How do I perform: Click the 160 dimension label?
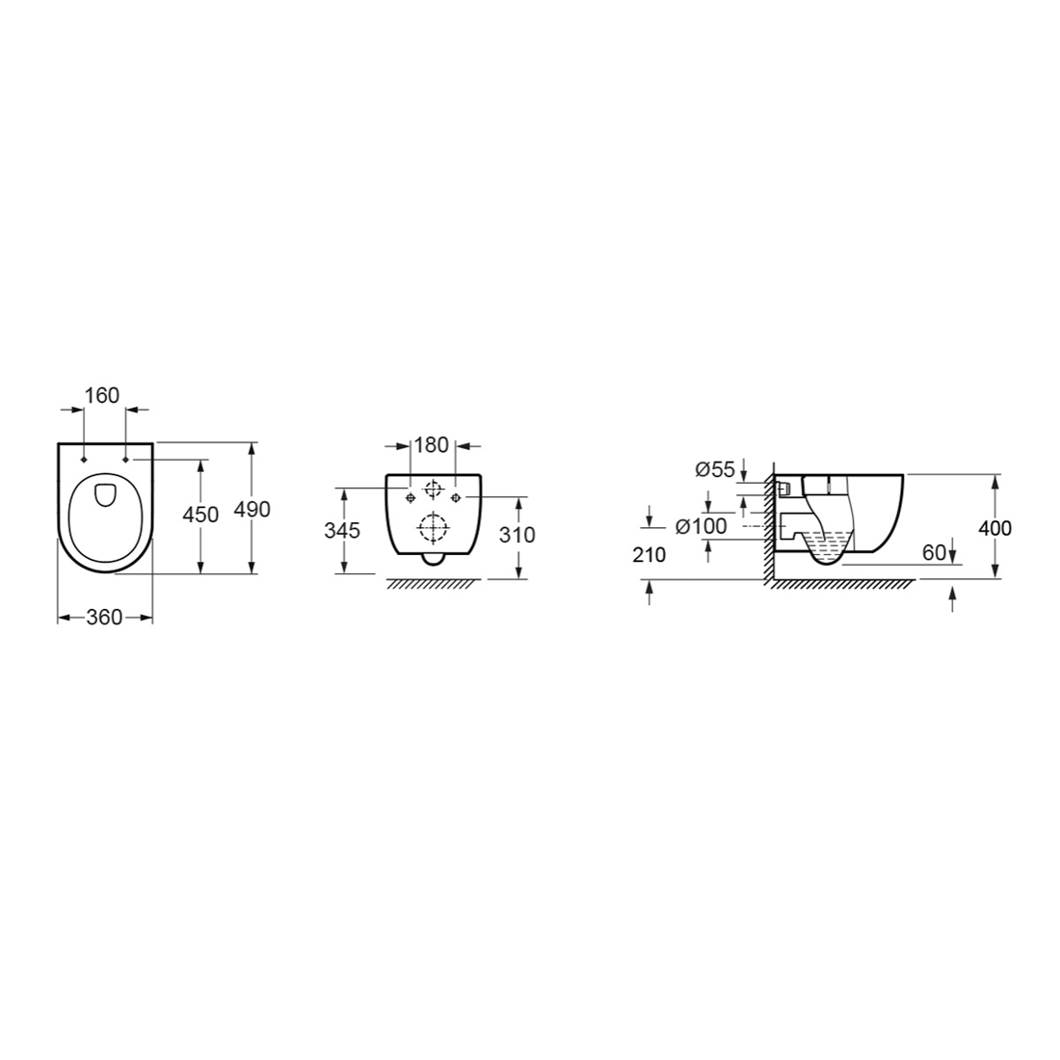(103, 395)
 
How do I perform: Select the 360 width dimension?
(105, 617)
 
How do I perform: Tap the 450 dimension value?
(201, 515)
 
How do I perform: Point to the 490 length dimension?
(252, 509)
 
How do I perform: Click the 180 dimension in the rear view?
(432, 445)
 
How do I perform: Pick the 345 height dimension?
(342, 531)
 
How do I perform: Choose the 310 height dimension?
(517, 535)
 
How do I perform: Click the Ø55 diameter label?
(715, 469)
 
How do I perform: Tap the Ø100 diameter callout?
(701, 525)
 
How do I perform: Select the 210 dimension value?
(649, 555)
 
